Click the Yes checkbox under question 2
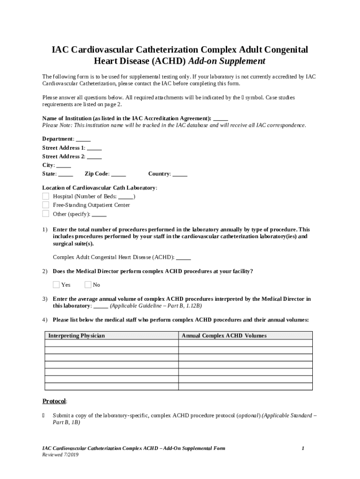(56, 284)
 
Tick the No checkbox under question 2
(88, 284)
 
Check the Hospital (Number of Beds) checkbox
(46, 196)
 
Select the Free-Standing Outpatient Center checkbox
(46, 205)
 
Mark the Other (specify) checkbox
(46, 214)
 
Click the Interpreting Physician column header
(77, 336)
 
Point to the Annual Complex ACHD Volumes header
(224, 336)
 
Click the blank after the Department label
(83, 139)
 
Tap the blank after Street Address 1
(94, 148)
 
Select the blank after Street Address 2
(94, 157)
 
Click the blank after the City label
(64, 165)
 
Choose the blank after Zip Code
(119, 174)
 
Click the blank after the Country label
(180, 174)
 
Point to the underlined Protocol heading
(54, 401)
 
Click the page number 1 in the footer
(303, 448)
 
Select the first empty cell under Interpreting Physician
(111, 343)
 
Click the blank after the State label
(65, 174)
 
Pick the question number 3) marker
(45, 298)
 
